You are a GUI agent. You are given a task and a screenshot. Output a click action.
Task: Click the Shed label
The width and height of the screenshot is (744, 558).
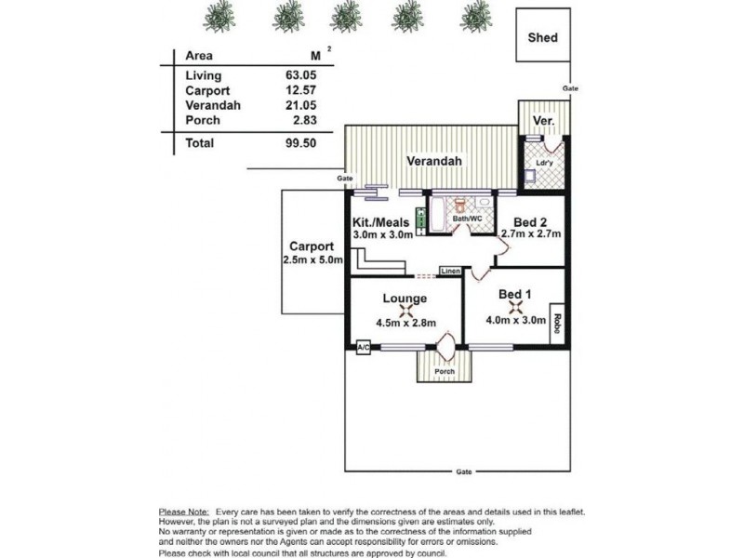(542, 38)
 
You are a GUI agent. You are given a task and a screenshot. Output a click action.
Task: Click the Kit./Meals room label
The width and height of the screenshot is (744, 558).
(384, 223)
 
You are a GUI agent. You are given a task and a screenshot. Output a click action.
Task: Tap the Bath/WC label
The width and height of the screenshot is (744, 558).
(467, 219)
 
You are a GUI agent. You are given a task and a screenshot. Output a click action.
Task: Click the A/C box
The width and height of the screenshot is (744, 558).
(364, 347)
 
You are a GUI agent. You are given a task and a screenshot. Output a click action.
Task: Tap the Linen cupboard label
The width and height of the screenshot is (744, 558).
(451, 271)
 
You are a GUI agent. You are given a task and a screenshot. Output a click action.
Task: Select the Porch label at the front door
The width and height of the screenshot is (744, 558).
(445, 372)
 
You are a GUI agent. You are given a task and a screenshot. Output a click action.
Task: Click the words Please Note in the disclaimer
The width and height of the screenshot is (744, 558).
(183, 511)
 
